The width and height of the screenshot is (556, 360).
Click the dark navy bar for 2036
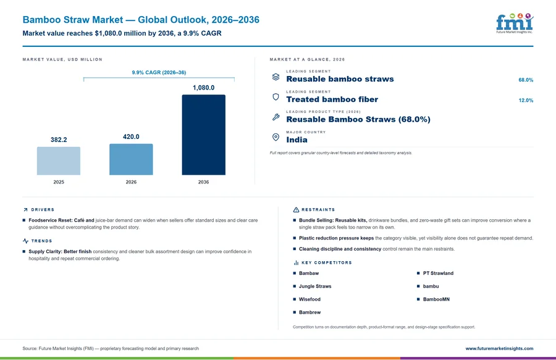tap(203, 135)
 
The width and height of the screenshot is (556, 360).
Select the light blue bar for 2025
tap(59, 161)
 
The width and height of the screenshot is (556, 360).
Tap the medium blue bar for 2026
tap(131, 159)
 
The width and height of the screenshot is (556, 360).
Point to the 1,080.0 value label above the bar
tap(203, 88)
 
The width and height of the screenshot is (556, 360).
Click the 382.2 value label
tap(59, 140)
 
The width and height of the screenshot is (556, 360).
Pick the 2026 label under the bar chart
tap(131, 182)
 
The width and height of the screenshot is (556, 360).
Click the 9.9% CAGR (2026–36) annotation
tap(159, 72)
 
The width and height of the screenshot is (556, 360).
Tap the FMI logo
tap(515, 23)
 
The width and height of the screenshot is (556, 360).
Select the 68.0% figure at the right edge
tap(526, 80)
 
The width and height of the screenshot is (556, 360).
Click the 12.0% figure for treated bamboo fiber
tap(526, 100)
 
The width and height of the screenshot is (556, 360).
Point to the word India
tap(297, 140)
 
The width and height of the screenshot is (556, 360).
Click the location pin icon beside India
tap(276, 138)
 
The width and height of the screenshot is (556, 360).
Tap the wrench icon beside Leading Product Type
tap(276, 117)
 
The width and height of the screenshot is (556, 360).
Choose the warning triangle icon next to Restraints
tap(296, 210)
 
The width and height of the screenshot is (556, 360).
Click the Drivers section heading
tap(43, 210)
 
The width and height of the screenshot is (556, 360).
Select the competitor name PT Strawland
tap(438, 273)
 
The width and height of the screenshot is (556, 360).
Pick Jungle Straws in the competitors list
tap(315, 287)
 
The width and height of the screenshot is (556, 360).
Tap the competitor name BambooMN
tap(436, 299)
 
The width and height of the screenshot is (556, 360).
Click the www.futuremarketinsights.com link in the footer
tap(499, 349)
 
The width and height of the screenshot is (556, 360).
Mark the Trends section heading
tap(41, 241)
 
